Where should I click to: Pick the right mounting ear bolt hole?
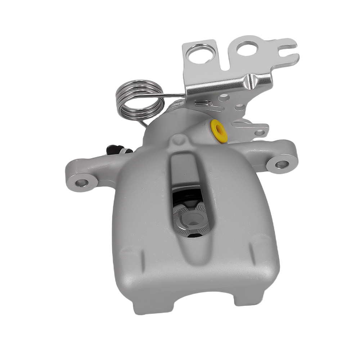(x=281, y=164)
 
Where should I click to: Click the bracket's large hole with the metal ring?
(x=200, y=54)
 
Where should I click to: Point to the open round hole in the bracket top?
(x=247, y=48)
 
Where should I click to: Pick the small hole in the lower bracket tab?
(x=259, y=133)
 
